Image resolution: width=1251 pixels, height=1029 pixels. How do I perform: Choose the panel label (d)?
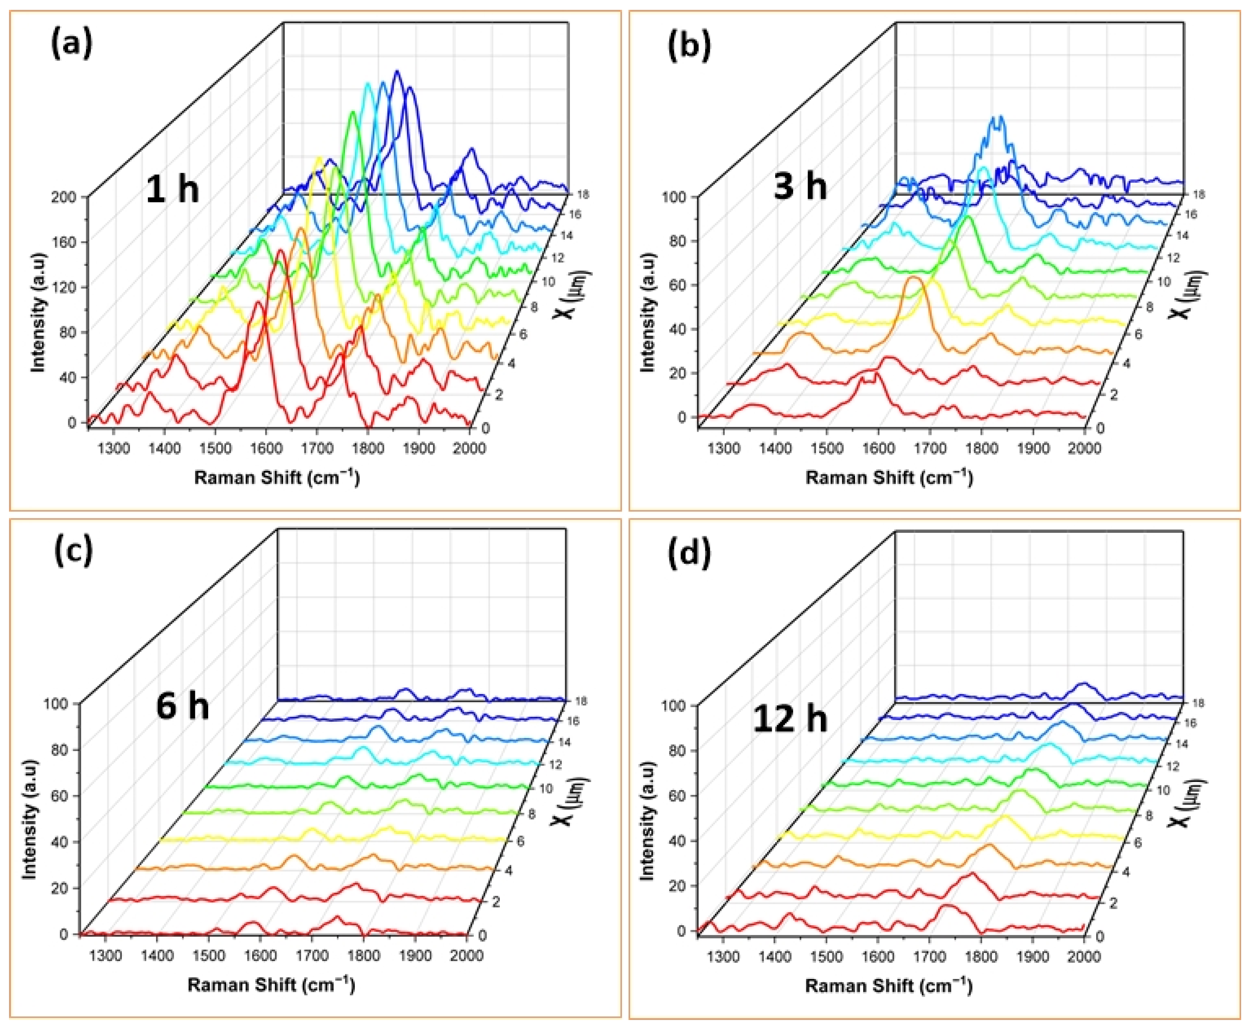(x=689, y=554)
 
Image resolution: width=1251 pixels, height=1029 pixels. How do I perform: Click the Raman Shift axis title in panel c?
(x=271, y=985)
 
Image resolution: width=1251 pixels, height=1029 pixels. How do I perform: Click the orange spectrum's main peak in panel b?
(x=914, y=279)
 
